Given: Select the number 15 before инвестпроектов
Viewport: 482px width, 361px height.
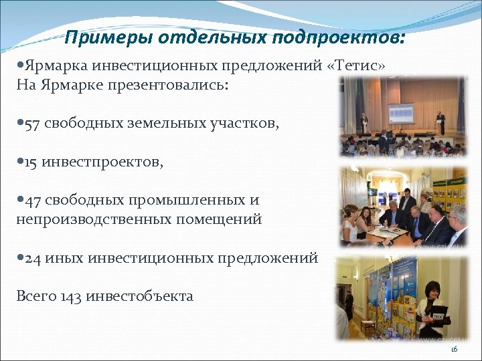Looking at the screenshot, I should click(31, 162).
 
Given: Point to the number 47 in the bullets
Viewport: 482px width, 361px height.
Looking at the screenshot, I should click(33, 200).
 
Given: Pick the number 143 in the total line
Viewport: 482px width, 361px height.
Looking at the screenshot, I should click(71, 295).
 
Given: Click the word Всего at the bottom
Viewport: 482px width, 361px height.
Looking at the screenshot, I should click(35, 295).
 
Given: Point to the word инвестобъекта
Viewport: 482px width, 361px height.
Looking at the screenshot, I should click(139, 295).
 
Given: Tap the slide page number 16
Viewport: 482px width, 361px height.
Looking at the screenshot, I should click(454, 350).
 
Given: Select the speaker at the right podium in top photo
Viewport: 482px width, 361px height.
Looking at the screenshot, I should click(440, 122).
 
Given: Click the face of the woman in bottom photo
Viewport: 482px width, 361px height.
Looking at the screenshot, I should click(428, 289).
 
